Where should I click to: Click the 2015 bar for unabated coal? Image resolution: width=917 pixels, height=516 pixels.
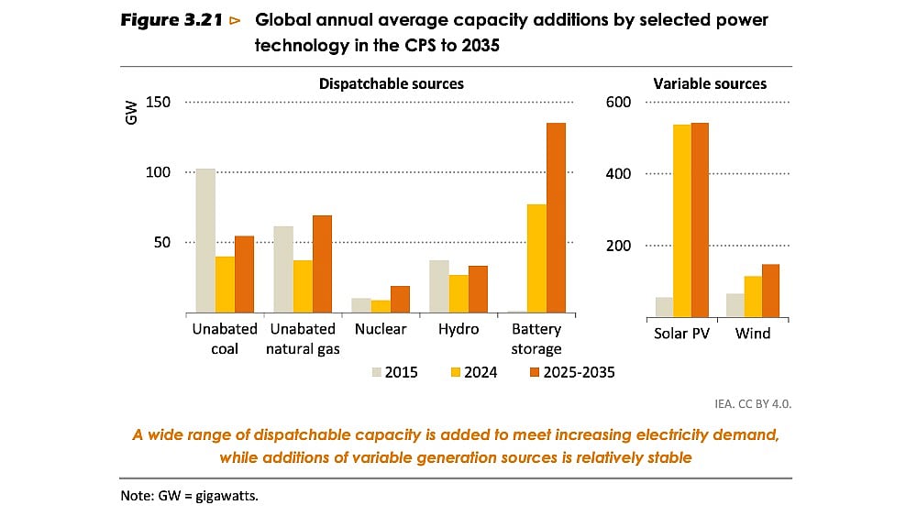[205, 241]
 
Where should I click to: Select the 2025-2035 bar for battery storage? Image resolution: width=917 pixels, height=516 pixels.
[556, 218]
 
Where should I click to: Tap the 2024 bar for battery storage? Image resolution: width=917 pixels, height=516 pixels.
[536, 258]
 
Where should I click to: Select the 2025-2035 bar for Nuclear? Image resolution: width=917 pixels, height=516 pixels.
[399, 300]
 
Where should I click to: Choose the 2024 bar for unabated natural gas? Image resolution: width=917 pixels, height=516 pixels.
[302, 287]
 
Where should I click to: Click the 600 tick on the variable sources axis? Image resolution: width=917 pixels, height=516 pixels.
[618, 102]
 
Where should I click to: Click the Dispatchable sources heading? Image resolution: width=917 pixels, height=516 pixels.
[392, 83]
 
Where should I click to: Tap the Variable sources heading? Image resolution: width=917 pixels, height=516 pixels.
[710, 83]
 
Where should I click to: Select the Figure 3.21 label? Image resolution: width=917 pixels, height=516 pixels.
[172, 19]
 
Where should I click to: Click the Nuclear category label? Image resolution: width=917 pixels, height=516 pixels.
[380, 330]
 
